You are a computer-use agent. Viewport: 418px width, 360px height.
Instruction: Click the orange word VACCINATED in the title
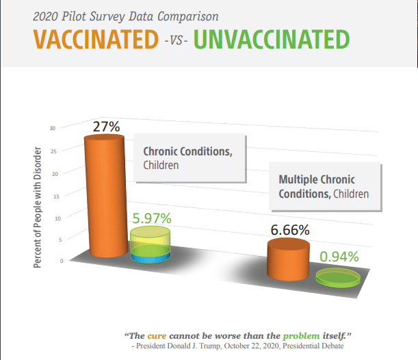point(96,39)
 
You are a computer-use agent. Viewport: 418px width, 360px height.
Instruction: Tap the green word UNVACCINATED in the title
point(272,39)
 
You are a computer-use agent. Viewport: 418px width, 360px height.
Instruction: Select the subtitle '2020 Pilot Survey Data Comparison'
point(126,17)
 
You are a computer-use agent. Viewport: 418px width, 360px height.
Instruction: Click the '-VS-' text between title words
point(176,40)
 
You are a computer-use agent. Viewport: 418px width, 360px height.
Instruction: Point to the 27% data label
point(106,127)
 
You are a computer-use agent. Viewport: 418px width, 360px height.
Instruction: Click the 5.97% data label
point(152,218)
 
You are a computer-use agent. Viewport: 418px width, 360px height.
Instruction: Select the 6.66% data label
point(290,230)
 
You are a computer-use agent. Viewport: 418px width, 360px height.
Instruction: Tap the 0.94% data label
point(339,257)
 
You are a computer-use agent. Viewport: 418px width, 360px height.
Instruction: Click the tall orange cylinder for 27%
point(106,196)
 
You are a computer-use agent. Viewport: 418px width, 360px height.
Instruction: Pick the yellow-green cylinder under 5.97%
point(151,244)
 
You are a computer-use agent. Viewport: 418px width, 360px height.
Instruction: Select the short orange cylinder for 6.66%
point(289,259)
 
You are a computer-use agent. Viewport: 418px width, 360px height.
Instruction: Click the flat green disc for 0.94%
point(338,278)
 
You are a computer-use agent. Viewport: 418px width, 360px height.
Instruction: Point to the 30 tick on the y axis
point(52,128)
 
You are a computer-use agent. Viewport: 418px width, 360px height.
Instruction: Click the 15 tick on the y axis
point(56,196)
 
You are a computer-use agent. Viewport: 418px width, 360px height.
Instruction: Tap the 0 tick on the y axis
point(62,261)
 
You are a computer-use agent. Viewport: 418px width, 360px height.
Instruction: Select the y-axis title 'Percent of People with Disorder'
point(38,207)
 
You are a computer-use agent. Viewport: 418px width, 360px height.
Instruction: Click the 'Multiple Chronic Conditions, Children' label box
point(325,186)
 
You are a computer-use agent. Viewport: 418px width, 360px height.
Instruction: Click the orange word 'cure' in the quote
point(157,336)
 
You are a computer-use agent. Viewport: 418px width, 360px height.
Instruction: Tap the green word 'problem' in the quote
point(301,336)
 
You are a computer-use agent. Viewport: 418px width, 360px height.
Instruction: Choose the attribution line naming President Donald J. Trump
point(237,346)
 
